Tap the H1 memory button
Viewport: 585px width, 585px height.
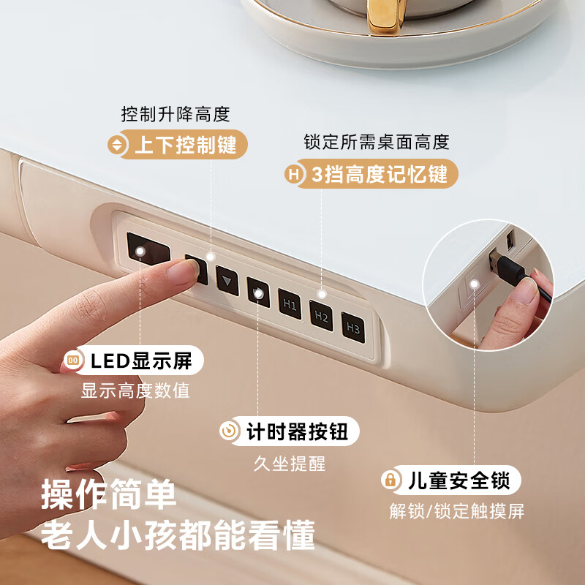click(x=290, y=304)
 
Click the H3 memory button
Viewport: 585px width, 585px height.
click(x=353, y=328)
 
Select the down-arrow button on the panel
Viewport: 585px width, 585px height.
click(x=227, y=281)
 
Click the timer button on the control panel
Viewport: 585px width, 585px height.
click(x=258, y=292)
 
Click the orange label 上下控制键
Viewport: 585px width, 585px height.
click(x=177, y=145)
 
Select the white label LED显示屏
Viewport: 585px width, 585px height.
click(x=132, y=360)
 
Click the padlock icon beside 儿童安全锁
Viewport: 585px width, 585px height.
click(x=390, y=480)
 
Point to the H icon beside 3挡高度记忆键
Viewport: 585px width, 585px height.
click(x=294, y=175)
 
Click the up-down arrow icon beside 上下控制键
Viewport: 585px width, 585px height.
click(x=117, y=145)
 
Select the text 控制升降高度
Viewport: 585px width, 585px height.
click(x=175, y=115)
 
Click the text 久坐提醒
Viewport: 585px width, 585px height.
click(x=289, y=463)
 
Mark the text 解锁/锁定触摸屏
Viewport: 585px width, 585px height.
click(x=456, y=511)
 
